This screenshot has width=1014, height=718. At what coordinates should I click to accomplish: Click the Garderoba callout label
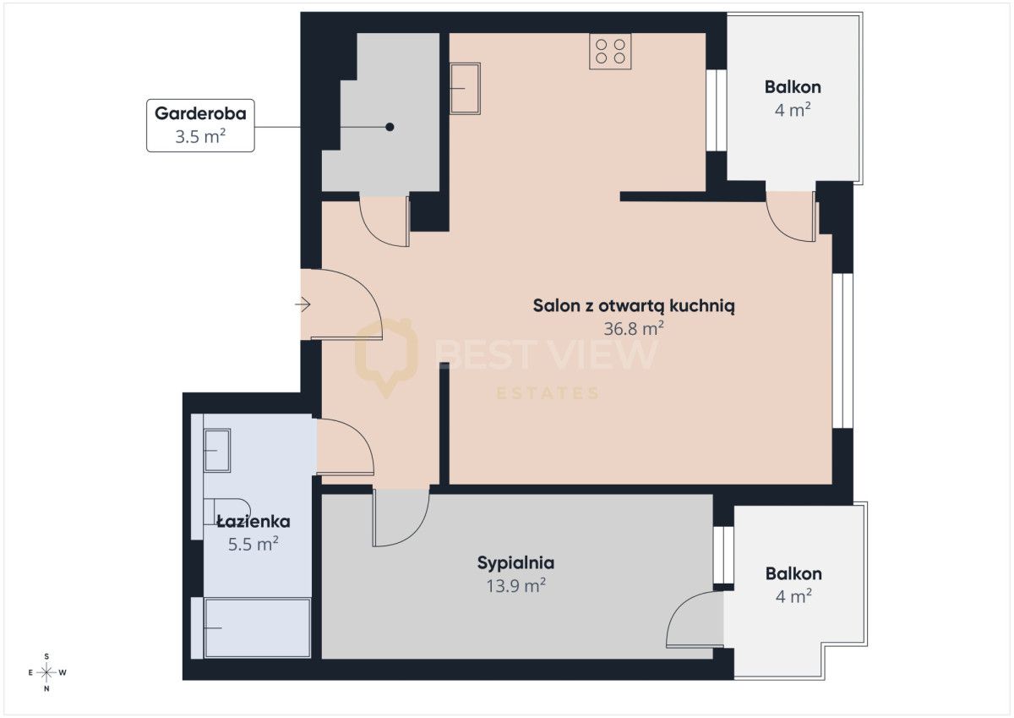point(200,125)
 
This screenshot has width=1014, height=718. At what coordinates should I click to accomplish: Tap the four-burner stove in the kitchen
point(610,52)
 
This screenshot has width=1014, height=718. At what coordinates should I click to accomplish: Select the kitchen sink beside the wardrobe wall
point(465,88)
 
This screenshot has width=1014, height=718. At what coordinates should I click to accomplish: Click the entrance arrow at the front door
point(303,304)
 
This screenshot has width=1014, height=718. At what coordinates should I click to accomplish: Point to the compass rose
point(46,672)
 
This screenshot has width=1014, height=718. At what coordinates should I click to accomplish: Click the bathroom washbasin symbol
point(217,450)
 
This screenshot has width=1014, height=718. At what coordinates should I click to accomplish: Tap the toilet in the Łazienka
point(226,512)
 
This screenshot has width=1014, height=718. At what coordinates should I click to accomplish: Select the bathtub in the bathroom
point(257,628)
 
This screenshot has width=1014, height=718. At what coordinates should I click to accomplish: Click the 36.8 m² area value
point(634,328)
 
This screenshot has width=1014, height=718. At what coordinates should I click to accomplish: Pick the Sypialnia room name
point(515,563)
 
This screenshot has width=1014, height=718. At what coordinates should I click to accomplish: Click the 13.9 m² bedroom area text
point(515,586)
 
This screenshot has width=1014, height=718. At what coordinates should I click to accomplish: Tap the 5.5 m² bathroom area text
point(253,544)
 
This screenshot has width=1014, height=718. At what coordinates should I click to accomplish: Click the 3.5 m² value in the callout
point(200,136)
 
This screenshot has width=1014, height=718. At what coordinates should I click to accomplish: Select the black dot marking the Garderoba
point(390,128)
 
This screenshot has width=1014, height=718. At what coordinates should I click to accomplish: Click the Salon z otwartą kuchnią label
point(634,306)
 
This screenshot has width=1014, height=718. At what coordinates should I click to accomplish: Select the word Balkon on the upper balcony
point(793,87)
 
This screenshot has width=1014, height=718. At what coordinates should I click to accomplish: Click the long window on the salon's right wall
point(843,351)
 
